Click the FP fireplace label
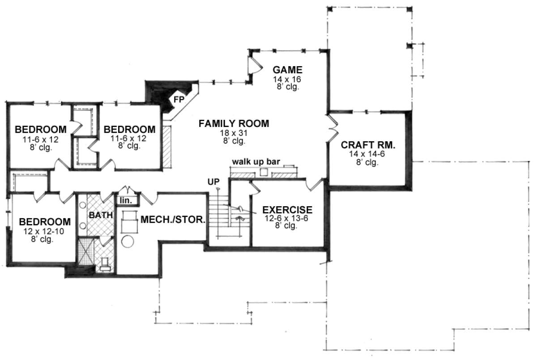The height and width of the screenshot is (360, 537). click(x=179, y=99)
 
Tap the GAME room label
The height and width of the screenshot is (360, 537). click(x=287, y=70)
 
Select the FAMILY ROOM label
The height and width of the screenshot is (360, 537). click(x=234, y=123)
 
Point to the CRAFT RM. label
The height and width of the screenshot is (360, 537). click(x=368, y=145)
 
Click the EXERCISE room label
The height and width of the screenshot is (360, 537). click(x=287, y=210)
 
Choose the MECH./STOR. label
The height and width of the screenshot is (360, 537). click(x=173, y=220)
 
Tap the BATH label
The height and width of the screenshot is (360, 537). click(x=101, y=215)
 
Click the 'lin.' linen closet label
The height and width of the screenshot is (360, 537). click(x=126, y=200)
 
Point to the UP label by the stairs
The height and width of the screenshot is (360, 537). click(x=213, y=182)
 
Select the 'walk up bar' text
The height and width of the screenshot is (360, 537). click(x=256, y=162)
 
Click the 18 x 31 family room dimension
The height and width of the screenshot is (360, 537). click(x=234, y=133)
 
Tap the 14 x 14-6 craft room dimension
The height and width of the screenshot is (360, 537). click(x=367, y=154)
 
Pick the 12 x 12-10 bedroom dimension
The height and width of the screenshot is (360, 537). click(x=44, y=231)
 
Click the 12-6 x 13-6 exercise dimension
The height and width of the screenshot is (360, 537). click(x=286, y=218)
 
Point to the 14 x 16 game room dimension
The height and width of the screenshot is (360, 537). click(x=287, y=79)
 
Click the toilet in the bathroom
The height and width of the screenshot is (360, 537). click(x=105, y=264)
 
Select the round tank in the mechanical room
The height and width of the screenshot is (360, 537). click(x=127, y=241)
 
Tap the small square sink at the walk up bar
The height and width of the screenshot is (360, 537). click(x=264, y=172)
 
